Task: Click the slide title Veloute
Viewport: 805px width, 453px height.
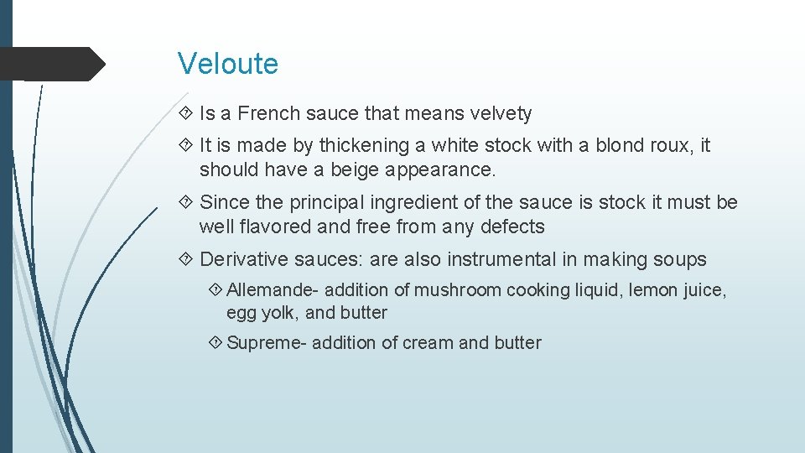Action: click(x=228, y=64)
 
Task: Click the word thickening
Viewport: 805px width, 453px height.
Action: click(x=370, y=145)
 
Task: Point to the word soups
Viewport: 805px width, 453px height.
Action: click(x=683, y=259)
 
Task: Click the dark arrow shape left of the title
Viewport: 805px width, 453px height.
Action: click(x=50, y=64)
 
